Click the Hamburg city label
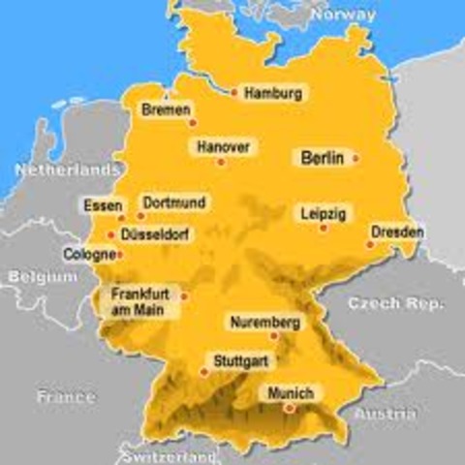click(273, 94)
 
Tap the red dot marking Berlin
click(356, 157)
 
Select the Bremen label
click(165, 109)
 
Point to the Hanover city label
click(223, 147)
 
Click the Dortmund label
click(174, 202)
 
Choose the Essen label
click(103, 205)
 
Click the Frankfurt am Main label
click(137, 301)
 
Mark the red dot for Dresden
click(369, 244)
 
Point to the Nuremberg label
click(264, 322)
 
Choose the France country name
click(66, 396)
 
